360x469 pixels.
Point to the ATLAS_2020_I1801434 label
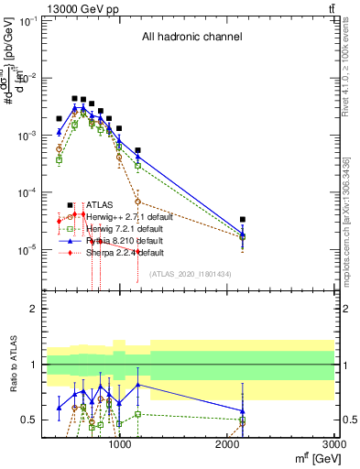coord(190,274)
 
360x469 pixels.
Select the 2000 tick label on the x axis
coord(228,446)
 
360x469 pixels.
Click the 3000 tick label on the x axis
coord(335,446)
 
